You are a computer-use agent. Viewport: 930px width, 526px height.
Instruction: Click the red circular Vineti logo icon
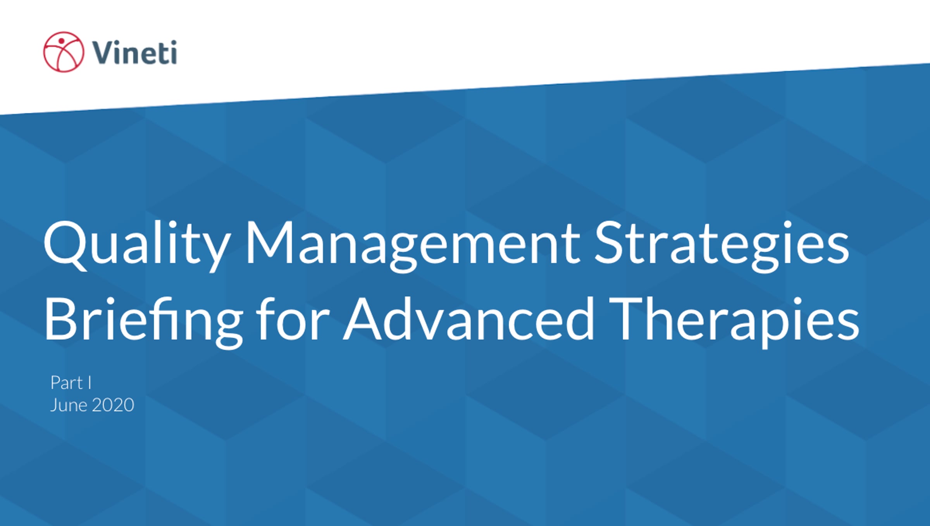pos(64,52)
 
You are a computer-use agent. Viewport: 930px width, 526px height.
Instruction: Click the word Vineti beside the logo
pos(134,52)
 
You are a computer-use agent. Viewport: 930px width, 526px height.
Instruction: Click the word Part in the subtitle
pos(67,383)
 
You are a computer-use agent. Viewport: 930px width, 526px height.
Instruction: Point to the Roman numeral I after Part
pos(90,383)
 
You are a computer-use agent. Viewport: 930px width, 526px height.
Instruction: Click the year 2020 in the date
pos(113,405)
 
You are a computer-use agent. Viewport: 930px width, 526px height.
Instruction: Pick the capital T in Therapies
pos(628,319)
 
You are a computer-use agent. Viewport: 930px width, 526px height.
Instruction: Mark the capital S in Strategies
pos(610,242)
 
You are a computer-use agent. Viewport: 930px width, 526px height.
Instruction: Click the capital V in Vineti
pos(104,52)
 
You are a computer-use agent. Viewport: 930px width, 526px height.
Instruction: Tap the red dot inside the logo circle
pos(61,41)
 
